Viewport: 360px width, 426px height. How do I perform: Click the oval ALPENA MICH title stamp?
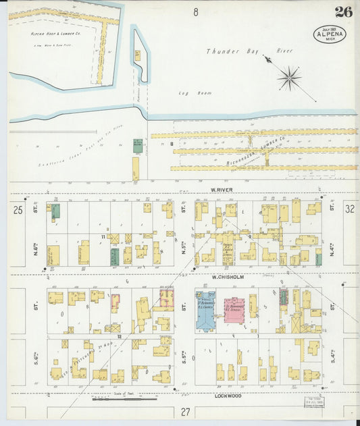click(329, 34)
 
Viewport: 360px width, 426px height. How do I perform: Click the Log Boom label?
click(187, 92)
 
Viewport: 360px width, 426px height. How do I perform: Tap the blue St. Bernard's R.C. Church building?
click(205, 310)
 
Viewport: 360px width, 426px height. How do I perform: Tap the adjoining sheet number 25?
click(17, 211)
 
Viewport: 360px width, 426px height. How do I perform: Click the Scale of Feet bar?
click(115, 399)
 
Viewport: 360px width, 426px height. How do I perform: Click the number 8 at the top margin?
click(195, 11)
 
